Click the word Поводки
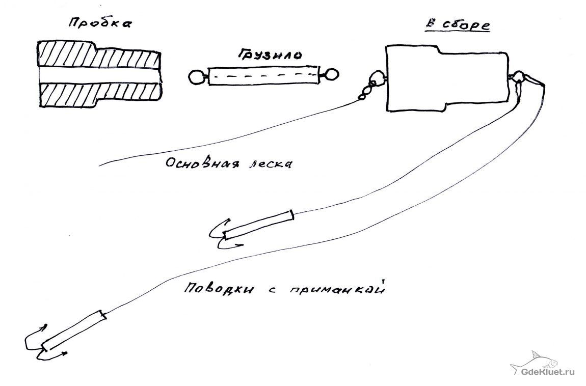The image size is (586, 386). click(x=212, y=289)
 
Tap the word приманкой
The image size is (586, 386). click(x=339, y=291)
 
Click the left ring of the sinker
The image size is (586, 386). click(x=196, y=78)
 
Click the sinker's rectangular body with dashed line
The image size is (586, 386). click(x=262, y=77)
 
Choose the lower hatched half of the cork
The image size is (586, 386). click(x=97, y=95)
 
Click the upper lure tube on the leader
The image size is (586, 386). click(x=259, y=224)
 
